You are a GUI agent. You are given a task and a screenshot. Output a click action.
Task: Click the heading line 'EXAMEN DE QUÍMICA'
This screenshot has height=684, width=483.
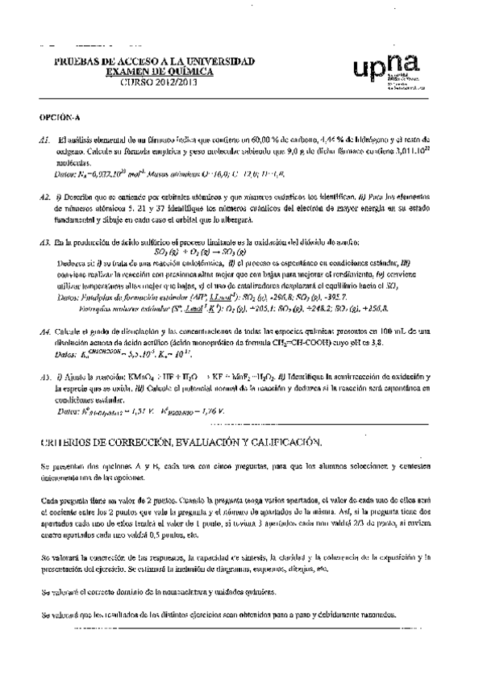click(153, 72)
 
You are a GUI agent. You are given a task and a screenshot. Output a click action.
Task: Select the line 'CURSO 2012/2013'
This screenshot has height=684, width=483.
click(154, 82)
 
